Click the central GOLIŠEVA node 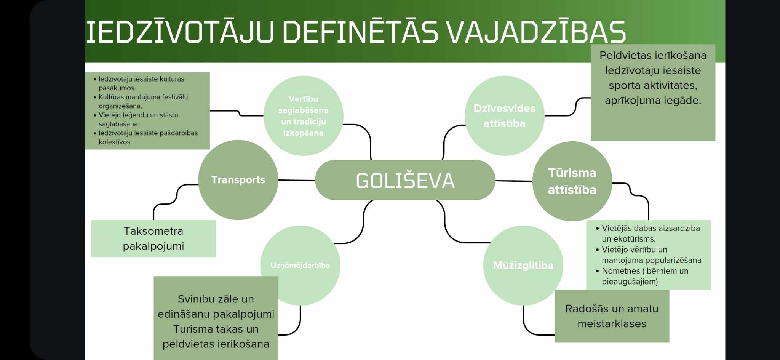[x=405, y=180]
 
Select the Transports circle [x=238, y=180]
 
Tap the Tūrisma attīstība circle [x=572, y=181]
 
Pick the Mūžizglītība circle [x=523, y=266]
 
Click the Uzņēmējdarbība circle [x=300, y=266]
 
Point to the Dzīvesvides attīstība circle [x=504, y=116]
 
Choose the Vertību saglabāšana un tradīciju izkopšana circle [x=303, y=116]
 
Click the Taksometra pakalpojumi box [x=153, y=238]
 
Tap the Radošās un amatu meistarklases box [x=612, y=316]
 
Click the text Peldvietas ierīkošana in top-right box [x=653, y=56]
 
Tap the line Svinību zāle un [x=216, y=299]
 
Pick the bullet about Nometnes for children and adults [x=645, y=276]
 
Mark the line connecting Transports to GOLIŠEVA [x=297, y=180]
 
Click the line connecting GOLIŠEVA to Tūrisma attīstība [x=514, y=181]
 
